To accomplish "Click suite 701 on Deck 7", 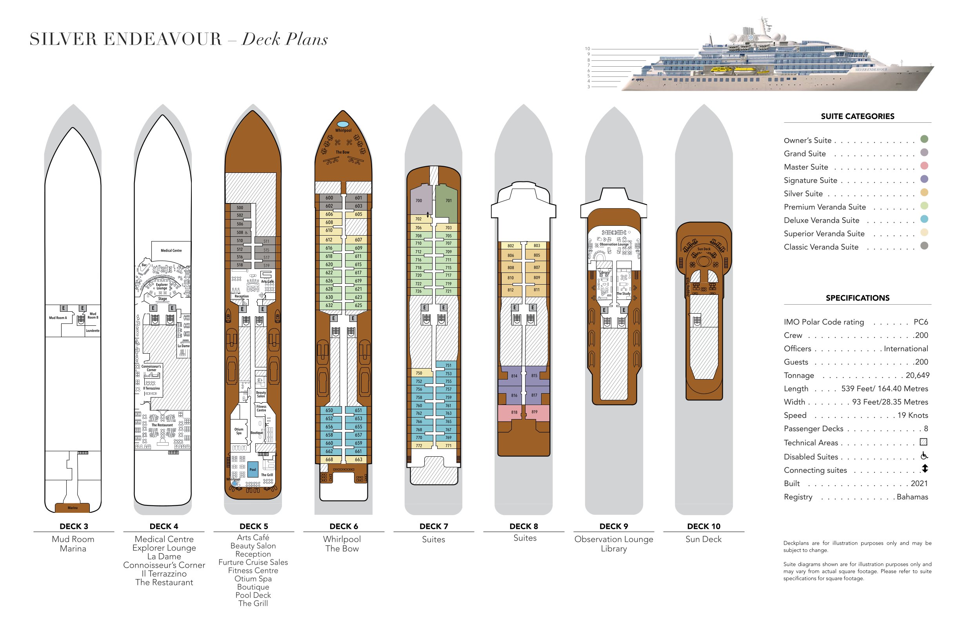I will tap(448, 200).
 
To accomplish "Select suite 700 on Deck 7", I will tap(419, 200).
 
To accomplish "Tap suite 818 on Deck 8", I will tap(514, 412).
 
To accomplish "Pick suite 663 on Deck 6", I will tap(358, 459).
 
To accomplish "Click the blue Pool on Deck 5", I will tap(253, 469).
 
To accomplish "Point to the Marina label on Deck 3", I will tap(73, 508).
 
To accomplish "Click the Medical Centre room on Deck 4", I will tap(171, 251).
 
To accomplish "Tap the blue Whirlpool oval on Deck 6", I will tap(343, 124).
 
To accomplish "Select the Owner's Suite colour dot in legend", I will tap(924, 139).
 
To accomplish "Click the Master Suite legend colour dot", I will tap(924, 166).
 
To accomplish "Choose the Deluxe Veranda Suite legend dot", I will tap(924, 219).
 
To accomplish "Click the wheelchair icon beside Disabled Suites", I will tap(924, 456).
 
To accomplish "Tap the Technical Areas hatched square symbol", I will tap(923, 442).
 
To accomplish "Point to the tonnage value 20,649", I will tap(917, 376).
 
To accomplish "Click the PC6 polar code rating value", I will tap(920, 322).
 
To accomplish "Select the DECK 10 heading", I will tap(704, 526).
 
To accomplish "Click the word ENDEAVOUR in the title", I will tap(163, 39).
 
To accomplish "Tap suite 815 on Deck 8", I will tap(534, 376).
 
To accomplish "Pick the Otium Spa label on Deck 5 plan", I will tap(239, 431).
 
